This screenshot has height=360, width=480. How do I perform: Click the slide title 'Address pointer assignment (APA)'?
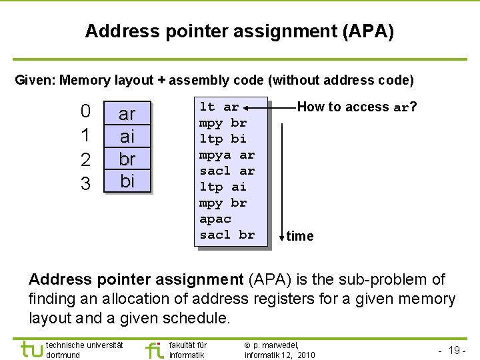[x=239, y=31]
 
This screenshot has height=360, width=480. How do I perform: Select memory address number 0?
[x=85, y=111]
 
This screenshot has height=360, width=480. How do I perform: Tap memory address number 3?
[x=85, y=183]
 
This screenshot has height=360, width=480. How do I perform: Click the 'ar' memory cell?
[x=127, y=113]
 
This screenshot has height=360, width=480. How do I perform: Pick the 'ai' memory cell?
[x=127, y=137]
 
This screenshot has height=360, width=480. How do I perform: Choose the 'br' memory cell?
[x=127, y=159]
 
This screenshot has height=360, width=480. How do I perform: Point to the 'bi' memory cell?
[x=127, y=181]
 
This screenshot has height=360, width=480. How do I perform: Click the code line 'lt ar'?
[x=219, y=107]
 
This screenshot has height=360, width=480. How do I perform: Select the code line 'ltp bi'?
[x=223, y=139]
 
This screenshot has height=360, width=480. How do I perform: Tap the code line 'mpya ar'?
[x=227, y=155]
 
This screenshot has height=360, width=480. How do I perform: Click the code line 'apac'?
[x=215, y=219]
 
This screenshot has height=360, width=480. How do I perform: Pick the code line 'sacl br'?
[x=227, y=235]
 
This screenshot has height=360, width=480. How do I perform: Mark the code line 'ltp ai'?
[x=223, y=187]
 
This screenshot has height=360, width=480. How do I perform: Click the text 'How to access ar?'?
[x=357, y=107]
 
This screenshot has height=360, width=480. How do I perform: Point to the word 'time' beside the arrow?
[x=300, y=236]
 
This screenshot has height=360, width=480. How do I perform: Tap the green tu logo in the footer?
[x=31, y=349]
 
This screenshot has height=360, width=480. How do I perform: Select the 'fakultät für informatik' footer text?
[x=188, y=350]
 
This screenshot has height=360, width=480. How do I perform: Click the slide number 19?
[x=457, y=350]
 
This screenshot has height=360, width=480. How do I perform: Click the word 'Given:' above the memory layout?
[x=35, y=81]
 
